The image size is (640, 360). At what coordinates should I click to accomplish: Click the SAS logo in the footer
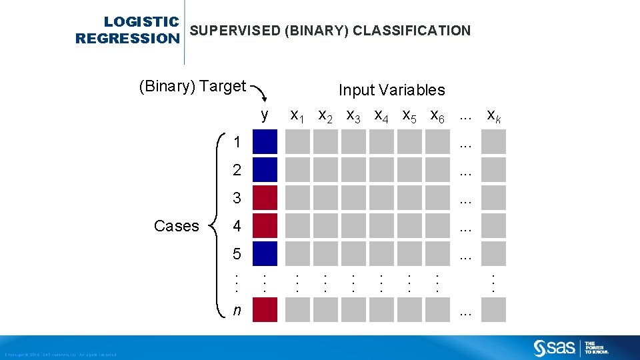tap(555, 348)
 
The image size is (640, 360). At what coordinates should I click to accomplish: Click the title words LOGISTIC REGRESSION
tap(127, 31)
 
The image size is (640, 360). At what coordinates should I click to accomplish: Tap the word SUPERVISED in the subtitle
tap(234, 31)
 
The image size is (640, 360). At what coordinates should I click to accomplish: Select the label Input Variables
tap(391, 90)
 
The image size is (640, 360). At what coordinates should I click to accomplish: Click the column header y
tap(265, 115)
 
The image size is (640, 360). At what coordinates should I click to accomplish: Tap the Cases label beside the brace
tap(176, 226)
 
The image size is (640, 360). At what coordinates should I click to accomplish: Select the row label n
tap(237, 310)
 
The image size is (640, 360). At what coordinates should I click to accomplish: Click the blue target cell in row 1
tap(265, 142)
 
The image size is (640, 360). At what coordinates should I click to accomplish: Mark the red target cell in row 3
tap(265, 198)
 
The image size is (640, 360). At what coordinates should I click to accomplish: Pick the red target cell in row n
tap(265, 310)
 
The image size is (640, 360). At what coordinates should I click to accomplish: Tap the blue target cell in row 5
tap(265, 254)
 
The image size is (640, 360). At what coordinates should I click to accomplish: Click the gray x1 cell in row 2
tap(297, 170)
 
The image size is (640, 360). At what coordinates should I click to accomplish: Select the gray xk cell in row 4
tap(494, 226)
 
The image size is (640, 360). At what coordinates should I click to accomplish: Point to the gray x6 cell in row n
tap(437, 310)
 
